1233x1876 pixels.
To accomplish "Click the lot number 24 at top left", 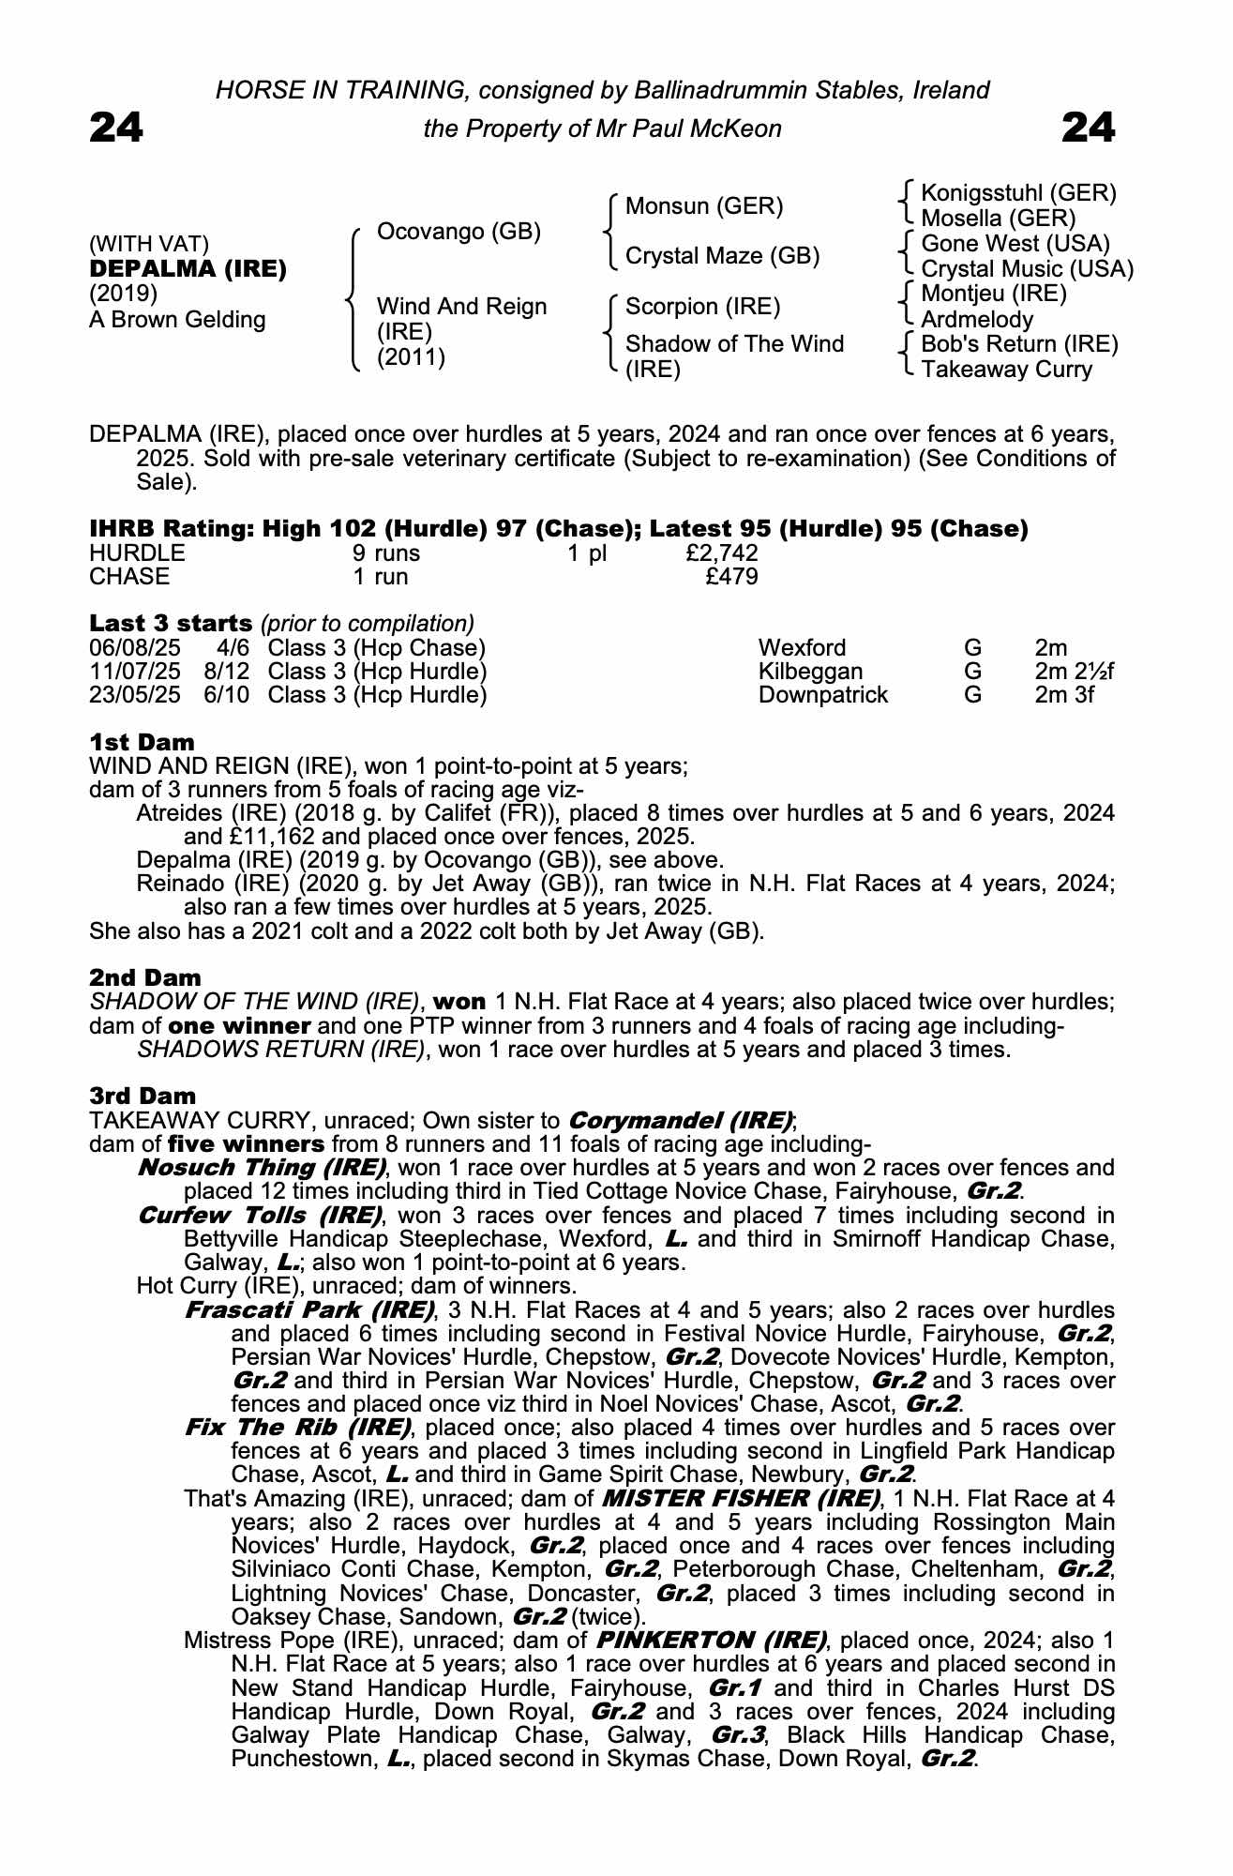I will pyautogui.click(x=116, y=128).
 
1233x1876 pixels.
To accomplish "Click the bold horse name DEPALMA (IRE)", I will pyautogui.click(x=188, y=269).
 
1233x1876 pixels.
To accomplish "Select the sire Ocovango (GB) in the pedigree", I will pyautogui.click(x=459, y=232).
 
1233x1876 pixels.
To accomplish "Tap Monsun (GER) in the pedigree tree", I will pyautogui.click(x=703, y=206).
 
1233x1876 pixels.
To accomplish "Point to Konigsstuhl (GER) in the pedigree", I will pyautogui.click(x=1018, y=193).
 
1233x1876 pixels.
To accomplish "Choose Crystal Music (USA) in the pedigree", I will pyautogui.click(x=1027, y=269).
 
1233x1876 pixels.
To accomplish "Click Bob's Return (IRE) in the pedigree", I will pyautogui.click(x=1019, y=344).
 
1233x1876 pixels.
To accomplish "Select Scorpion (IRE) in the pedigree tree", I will pyautogui.click(x=702, y=307).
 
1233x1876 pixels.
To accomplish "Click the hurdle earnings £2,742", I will pyautogui.click(x=722, y=553).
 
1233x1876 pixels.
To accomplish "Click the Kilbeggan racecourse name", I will pyautogui.click(x=810, y=672).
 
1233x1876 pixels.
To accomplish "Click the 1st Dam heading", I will pyautogui.click(x=142, y=743).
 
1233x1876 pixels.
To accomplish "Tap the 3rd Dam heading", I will pyautogui.click(x=143, y=1096).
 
